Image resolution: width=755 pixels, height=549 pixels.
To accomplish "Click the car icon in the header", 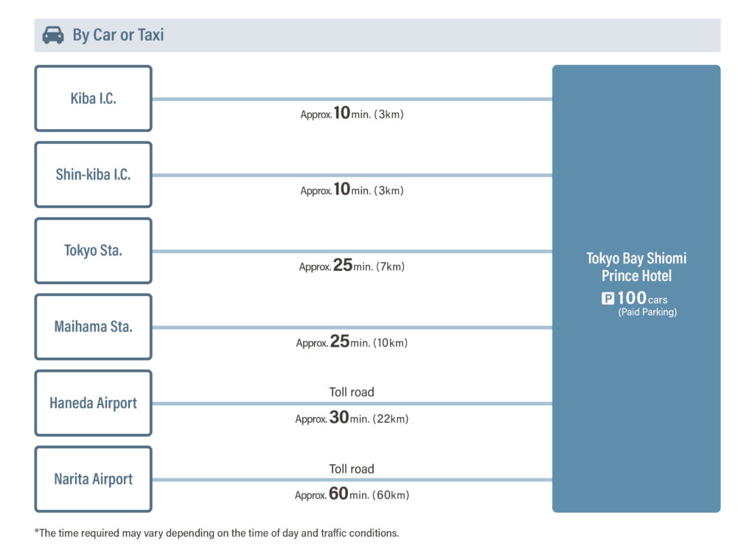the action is (x=53, y=35).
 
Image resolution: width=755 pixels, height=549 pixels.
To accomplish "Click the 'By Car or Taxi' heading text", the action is (x=119, y=35).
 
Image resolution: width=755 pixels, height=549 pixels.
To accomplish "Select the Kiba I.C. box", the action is (x=94, y=98).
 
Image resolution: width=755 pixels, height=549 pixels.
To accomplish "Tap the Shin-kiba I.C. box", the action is (x=94, y=174).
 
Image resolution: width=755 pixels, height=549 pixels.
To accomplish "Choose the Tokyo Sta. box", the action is (x=94, y=251).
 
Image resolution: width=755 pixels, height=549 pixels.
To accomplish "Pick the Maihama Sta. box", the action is (x=94, y=327).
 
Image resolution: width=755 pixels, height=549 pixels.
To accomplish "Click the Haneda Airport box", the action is (x=94, y=403).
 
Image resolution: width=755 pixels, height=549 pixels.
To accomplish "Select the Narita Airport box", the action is (x=94, y=479).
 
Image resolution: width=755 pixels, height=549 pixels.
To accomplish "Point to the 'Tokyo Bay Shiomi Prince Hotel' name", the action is (x=636, y=266).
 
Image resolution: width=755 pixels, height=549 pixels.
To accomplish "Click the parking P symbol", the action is (x=608, y=298).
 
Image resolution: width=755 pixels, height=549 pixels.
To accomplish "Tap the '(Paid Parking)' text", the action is (x=647, y=312).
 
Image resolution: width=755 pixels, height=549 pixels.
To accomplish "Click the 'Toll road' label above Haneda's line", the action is (x=352, y=392).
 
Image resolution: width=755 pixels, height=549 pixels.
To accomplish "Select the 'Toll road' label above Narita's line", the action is (x=352, y=469).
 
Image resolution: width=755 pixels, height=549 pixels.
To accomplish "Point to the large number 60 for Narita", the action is (x=338, y=494).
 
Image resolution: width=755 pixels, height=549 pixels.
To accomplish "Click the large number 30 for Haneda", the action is (x=339, y=418).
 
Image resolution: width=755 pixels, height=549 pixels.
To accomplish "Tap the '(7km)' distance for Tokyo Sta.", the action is (x=390, y=266).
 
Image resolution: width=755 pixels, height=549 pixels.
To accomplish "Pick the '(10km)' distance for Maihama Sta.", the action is (x=390, y=342).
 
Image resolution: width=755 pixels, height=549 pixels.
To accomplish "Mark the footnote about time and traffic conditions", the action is (x=217, y=533).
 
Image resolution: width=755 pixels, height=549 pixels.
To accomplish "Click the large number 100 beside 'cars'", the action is (x=632, y=298).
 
